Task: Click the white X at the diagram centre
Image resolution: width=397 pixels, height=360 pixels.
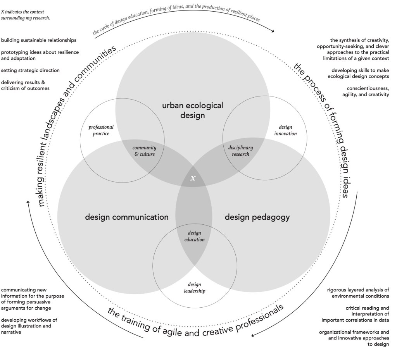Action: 193,178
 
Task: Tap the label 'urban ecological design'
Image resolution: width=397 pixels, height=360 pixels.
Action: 192,110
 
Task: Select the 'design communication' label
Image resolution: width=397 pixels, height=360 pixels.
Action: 127,217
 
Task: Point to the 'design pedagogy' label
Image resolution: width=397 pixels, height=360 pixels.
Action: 257,217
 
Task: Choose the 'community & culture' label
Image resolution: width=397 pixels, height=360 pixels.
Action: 144,151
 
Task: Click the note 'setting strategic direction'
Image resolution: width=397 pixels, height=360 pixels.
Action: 30,70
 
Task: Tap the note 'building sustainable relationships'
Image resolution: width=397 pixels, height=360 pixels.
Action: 38,40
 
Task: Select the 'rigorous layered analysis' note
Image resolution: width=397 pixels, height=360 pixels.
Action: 358,293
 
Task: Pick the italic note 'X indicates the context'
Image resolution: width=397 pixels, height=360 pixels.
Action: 26,15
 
